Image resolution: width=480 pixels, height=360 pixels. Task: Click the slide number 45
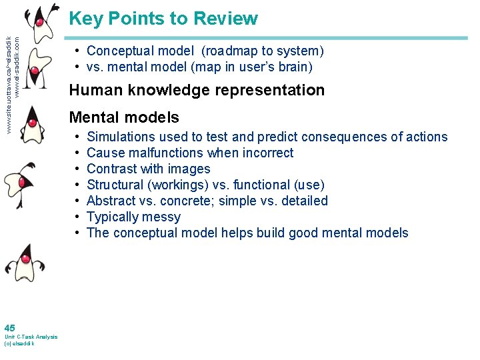[x=9, y=328]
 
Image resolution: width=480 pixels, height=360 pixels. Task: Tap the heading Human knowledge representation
[x=197, y=90]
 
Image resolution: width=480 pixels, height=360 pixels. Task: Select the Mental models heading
[x=124, y=118]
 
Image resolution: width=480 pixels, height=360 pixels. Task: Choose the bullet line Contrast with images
[x=148, y=169]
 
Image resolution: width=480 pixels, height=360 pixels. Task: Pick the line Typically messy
[x=133, y=217]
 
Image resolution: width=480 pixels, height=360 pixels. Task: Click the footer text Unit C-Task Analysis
[x=31, y=337]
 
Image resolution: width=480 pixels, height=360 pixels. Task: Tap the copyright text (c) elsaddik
[x=19, y=343]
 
